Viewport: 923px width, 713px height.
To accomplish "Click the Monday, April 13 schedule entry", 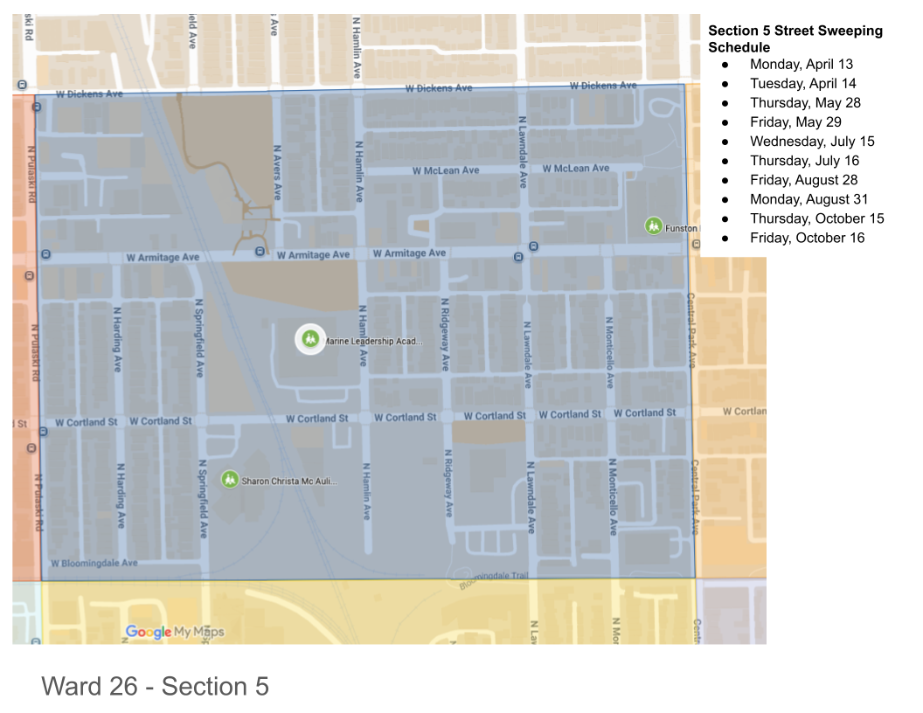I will pyautogui.click(x=801, y=64).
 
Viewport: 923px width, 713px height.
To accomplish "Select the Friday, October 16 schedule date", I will pyautogui.click(x=807, y=238).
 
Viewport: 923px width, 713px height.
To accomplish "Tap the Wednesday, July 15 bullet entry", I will pyautogui.click(x=811, y=142).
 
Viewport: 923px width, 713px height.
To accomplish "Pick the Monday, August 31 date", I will pyautogui.click(x=808, y=199).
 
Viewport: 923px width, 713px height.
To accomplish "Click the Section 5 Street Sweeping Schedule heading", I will pyautogui.click(x=795, y=38).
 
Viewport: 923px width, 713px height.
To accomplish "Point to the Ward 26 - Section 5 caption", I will pyautogui.click(x=155, y=686).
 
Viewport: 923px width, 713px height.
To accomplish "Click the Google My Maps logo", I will pyautogui.click(x=175, y=632).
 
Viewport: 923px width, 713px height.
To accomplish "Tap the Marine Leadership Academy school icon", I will pyautogui.click(x=309, y=339).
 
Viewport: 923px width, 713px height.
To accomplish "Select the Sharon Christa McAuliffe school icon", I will pyautogui.click(x=230, y=479).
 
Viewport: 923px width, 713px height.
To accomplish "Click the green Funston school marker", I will pyautogui.click(x=654, y=225).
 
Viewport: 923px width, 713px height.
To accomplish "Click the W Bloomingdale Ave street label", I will pyautogui.click(x=94, y=564).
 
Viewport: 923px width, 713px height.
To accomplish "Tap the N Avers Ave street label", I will pyautogui.click(x=277, y=172).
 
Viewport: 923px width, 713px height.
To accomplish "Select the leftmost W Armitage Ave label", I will pyautogui.click(x=163, y=258).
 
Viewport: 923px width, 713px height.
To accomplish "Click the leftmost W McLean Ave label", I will pyautogui.click(x=446, y=170).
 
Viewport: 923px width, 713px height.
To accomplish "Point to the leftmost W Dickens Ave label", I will pyautogui.click(x=89, y=93).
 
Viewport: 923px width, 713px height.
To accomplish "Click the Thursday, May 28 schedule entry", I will pyautogui.click(x=804, y=102).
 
